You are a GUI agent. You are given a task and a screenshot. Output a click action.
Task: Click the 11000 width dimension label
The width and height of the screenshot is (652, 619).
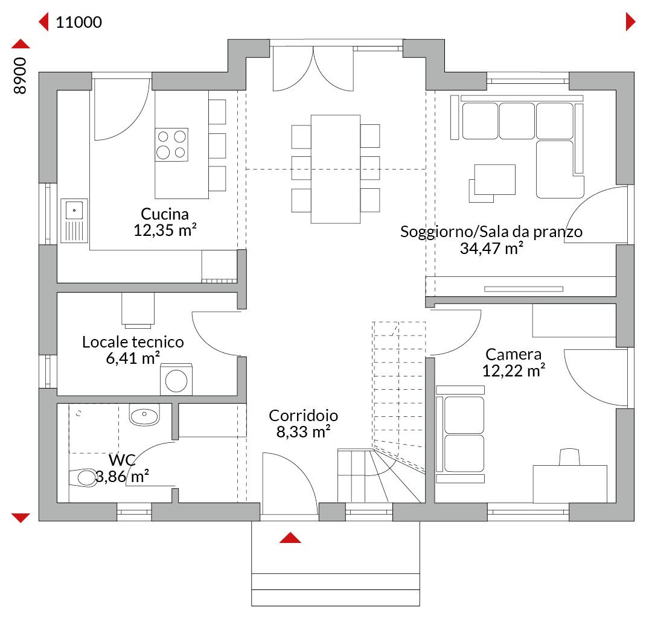coord(78,22)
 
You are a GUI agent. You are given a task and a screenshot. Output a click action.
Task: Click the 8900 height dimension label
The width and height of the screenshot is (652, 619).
coord(20,75)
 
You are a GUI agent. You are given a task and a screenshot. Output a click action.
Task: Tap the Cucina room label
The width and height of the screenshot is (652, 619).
coord(165,214)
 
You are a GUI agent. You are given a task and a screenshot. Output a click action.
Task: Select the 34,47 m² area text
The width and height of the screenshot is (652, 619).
coord(491,249)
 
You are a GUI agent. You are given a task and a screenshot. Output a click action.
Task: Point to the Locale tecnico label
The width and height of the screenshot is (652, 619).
coord(133,342)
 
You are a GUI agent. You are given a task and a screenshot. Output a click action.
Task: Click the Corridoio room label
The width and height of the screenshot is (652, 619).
coord(304,416)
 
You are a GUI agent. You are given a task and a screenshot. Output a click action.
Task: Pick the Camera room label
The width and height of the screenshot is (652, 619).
coord(514,354)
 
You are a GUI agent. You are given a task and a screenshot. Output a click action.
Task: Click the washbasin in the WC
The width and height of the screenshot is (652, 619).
coord(144,414)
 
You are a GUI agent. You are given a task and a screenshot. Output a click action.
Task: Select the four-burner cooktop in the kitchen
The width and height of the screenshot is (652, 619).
coord(171,145)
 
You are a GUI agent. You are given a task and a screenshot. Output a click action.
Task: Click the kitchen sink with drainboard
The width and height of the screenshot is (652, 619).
coord(74,221)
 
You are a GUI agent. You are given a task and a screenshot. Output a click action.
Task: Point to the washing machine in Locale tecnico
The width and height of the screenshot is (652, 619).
coord(176,379)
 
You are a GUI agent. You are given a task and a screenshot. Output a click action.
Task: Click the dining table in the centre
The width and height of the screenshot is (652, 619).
coord(336,169)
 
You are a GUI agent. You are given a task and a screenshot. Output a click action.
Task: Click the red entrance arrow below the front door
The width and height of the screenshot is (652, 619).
coord(290,538)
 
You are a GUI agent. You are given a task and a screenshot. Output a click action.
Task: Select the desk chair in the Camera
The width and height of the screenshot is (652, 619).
coord(569,457)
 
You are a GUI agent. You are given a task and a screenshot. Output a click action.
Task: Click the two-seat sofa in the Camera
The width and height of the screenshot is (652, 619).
coord(461,434)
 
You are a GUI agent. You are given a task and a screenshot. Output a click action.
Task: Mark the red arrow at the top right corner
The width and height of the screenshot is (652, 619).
coord(630,22)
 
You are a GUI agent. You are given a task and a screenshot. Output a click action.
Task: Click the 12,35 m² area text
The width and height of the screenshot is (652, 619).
coord(165,230)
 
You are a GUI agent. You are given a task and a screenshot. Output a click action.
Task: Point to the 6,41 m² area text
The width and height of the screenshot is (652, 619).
coord(133,358)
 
